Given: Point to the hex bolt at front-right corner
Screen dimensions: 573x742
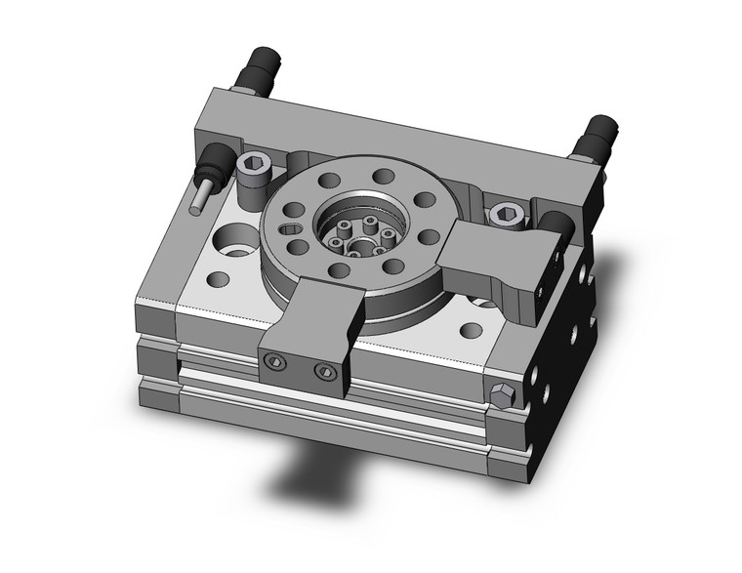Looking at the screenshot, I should [x=502, y=395].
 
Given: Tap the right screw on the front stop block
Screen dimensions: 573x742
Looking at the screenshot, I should [x=324, y=372].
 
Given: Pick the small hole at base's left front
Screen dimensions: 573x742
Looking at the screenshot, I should [x=220, y=280].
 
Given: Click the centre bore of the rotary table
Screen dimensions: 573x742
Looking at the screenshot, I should [x=360, y=235].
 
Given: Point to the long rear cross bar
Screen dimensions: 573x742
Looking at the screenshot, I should [x=391, y=137].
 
